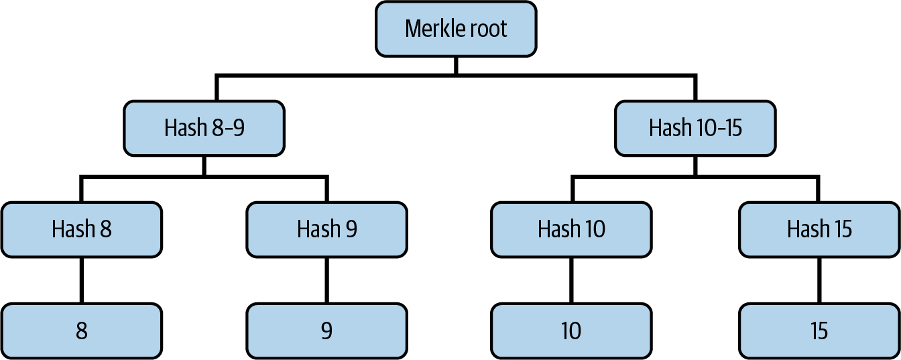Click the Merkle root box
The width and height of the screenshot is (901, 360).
456,29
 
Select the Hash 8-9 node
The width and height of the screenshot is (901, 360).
204,128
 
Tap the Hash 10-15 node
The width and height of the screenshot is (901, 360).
695,128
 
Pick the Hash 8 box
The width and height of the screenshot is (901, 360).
81,229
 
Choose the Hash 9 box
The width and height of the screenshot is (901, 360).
326,229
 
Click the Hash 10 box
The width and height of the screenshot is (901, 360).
571,229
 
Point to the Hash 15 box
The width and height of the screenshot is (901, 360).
819,229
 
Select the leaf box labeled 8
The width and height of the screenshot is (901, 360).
81,331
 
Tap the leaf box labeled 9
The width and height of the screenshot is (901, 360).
326,331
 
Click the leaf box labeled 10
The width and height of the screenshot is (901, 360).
571,331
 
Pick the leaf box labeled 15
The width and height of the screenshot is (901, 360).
819,331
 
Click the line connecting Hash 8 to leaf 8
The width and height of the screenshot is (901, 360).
81,280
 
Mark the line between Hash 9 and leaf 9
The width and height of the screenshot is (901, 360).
326,280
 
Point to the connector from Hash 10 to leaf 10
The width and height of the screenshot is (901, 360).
571,280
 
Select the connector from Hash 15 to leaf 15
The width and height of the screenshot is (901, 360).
819,280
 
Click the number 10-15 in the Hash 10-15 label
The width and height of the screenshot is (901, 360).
719,128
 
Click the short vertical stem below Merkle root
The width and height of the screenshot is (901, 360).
456,66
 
